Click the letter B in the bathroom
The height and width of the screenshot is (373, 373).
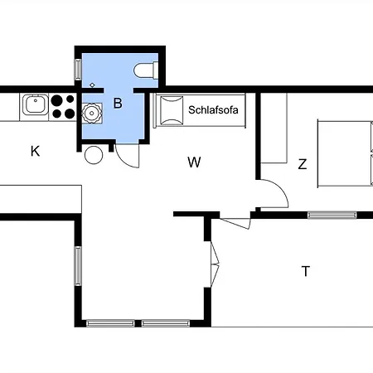pos(118,104)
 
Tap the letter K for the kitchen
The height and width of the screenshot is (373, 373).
pos(35,152)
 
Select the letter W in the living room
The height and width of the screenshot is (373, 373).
pos(194,162)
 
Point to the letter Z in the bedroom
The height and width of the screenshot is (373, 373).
pos(303,164)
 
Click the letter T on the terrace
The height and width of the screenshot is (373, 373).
pos(306,271)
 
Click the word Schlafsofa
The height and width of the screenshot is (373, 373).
pos(213,110)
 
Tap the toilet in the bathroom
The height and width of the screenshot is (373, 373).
pos(146,70)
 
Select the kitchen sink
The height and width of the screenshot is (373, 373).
pos(36,104)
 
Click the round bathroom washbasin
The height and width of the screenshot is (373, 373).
pos(92,113)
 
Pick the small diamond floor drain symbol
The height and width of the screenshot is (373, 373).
pos(92,85)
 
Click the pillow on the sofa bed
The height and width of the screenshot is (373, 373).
pos(172,110)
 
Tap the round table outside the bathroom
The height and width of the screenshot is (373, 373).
pos(94,155)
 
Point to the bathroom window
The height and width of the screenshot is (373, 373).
pos(78,70)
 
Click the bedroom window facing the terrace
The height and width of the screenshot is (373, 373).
pos(332,215)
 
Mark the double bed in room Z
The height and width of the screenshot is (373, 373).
pos(345,153)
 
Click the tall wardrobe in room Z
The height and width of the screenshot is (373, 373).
pos(274,128)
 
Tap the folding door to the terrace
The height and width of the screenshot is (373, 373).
pos(215,264)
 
